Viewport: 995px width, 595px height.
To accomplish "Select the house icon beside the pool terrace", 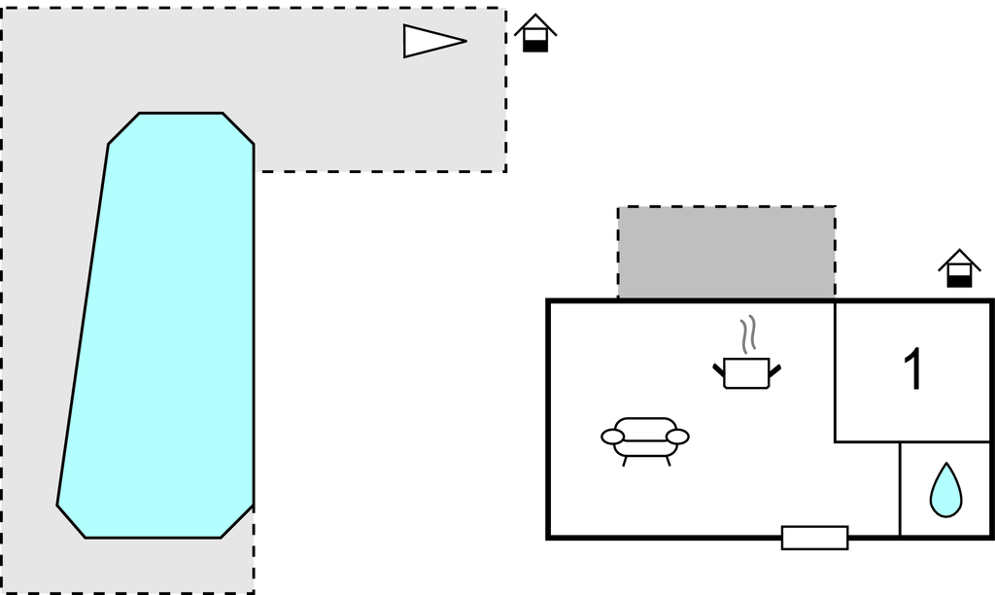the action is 535,33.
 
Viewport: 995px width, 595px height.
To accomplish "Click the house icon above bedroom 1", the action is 959,268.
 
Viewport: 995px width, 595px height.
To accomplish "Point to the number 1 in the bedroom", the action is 912,368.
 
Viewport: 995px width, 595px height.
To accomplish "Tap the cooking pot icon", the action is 747,373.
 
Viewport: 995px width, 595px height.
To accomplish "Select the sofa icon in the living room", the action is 645,441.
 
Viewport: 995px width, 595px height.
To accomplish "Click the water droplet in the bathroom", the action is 945,490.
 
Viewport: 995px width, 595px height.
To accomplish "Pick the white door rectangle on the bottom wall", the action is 815,538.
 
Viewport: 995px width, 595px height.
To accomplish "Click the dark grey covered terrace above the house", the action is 727,252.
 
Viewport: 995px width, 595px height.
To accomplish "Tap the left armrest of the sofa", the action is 612,437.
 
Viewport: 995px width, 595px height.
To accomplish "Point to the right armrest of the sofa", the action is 677,437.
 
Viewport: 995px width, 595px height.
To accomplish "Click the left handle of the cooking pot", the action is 719,369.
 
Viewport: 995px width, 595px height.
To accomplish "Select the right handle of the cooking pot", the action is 774,369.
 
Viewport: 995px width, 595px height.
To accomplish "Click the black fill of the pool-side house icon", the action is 535,46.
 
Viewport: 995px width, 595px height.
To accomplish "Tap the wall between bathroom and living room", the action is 900,490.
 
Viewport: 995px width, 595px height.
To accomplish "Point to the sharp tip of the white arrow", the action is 467,41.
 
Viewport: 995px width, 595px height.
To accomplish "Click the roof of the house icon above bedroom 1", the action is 959,258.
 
